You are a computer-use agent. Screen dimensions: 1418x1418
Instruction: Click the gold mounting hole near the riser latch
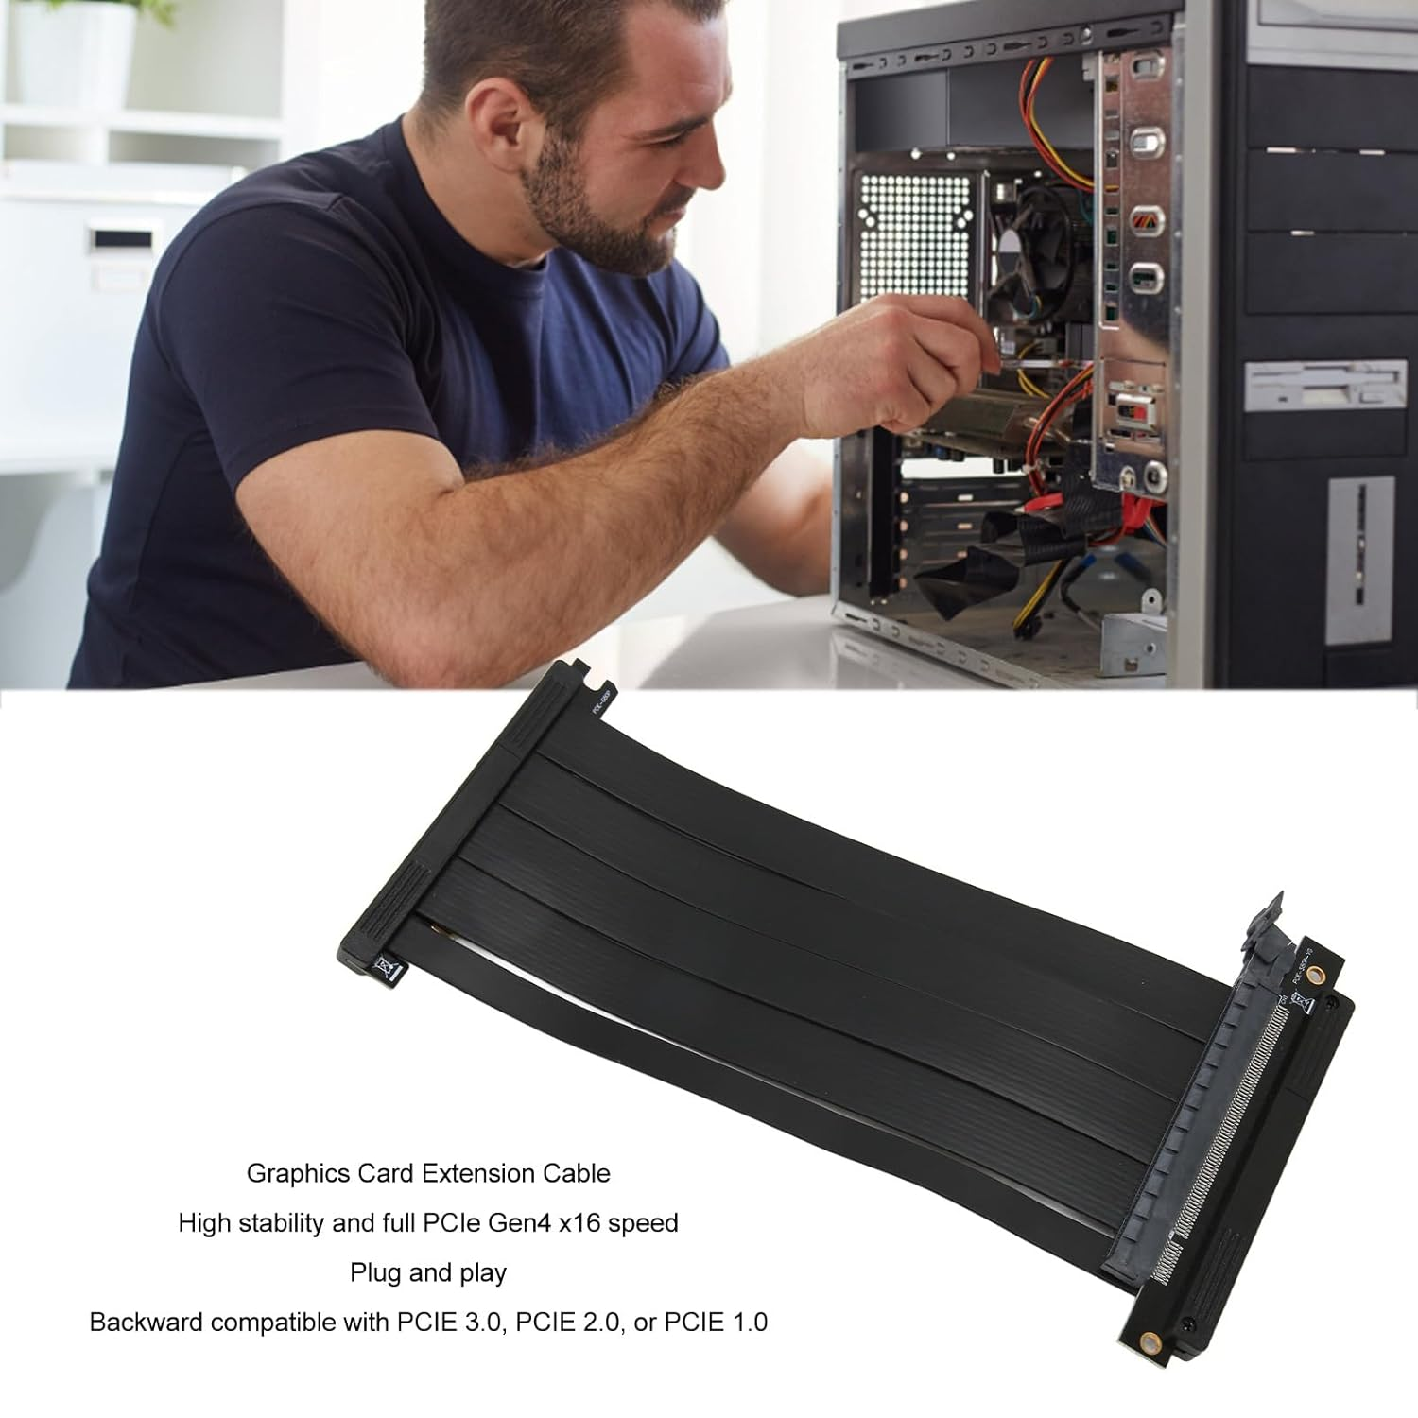(1334, 972)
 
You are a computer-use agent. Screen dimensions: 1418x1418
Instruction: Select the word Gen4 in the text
(517, 1223)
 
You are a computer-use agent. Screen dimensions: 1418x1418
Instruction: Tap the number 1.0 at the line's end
(748, 1322)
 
